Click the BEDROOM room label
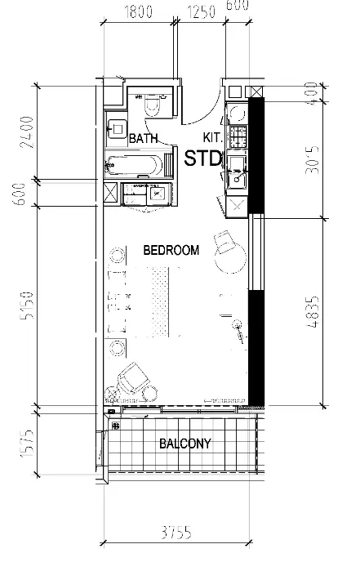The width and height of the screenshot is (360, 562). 171,251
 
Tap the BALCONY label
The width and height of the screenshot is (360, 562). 184,444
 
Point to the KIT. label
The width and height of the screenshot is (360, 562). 212,140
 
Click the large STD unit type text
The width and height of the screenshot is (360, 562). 202,158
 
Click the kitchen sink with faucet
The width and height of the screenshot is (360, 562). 237,172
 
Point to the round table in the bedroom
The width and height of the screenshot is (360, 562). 229,259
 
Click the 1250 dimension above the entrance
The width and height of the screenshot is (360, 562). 200,13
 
